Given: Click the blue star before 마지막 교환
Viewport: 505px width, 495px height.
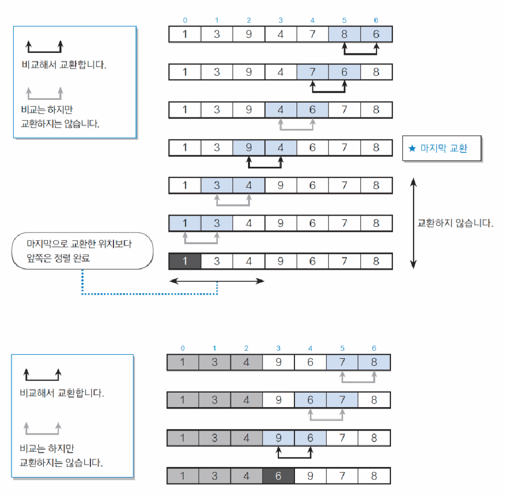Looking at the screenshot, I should [412, 148].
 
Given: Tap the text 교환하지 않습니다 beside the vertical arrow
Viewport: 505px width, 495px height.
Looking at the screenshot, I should [455, 223].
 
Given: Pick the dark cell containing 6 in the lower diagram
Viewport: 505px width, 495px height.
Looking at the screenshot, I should [278, 476].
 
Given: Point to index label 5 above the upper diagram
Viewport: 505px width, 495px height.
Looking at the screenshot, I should [344, 20].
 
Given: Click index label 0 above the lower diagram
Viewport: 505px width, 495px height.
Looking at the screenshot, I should [182, 348].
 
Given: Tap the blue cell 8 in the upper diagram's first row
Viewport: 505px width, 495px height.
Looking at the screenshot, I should [344, 34].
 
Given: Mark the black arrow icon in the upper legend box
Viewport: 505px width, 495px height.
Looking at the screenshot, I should [44, 49].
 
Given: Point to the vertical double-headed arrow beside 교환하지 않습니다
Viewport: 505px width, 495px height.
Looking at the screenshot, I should [413, 223].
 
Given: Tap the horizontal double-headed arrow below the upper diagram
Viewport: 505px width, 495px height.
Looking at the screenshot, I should [216, 281].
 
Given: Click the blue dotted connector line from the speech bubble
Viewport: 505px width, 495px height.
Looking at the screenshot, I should [150, 294].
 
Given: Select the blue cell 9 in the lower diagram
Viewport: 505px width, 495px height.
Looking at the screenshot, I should [278, 438].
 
